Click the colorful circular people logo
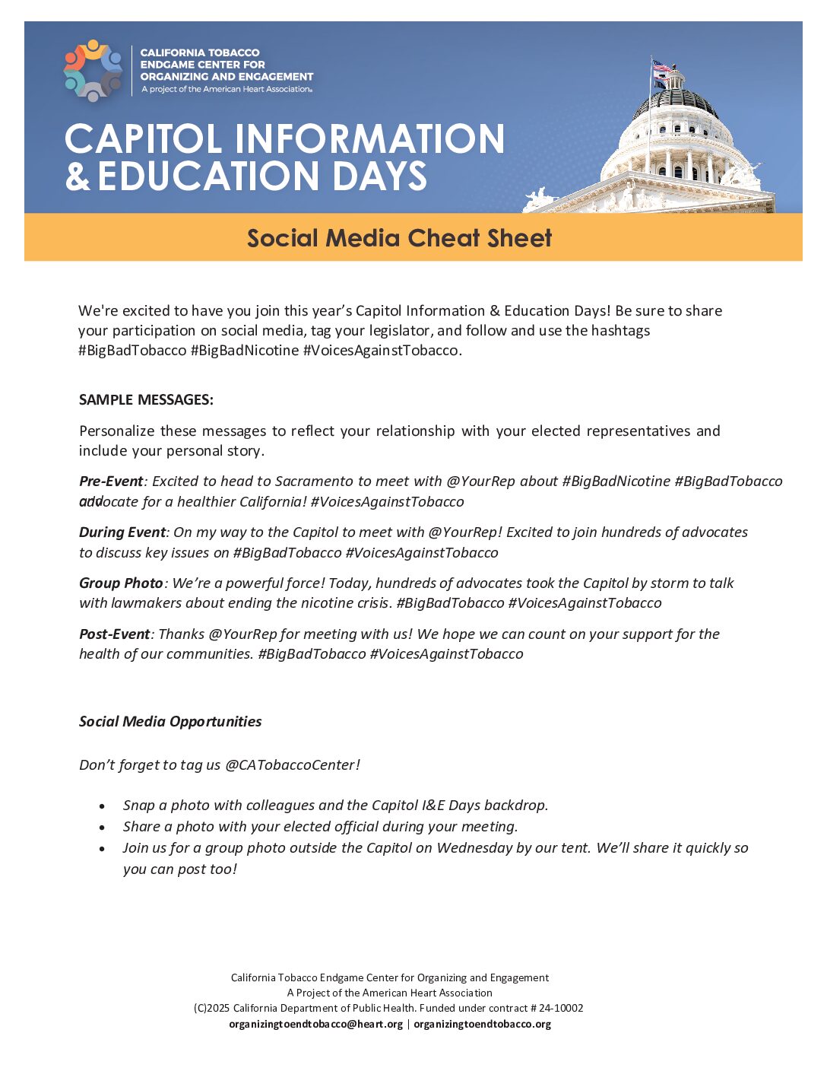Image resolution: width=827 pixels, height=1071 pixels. [93, 70]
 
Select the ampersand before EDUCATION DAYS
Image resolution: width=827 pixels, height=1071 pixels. [77, 176]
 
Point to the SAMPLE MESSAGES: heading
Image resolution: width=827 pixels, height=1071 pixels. [146, 399]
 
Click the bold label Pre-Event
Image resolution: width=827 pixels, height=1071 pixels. [111, 481]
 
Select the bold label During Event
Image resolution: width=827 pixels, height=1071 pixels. [122, 532]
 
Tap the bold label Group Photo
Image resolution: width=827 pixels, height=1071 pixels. [121, 583]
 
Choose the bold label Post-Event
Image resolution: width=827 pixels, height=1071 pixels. [115, 634]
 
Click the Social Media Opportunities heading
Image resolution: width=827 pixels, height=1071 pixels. [170, 722]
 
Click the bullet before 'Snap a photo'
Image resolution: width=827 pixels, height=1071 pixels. [103, 806]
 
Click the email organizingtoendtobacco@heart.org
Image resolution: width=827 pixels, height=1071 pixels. [316, 1025]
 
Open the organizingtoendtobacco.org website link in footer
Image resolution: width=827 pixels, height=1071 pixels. [482, 1025]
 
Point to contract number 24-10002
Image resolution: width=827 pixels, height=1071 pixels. [561, 1009]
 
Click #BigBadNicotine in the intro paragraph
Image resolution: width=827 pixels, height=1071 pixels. [245, 351]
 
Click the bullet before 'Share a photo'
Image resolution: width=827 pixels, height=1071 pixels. [103, 828]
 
